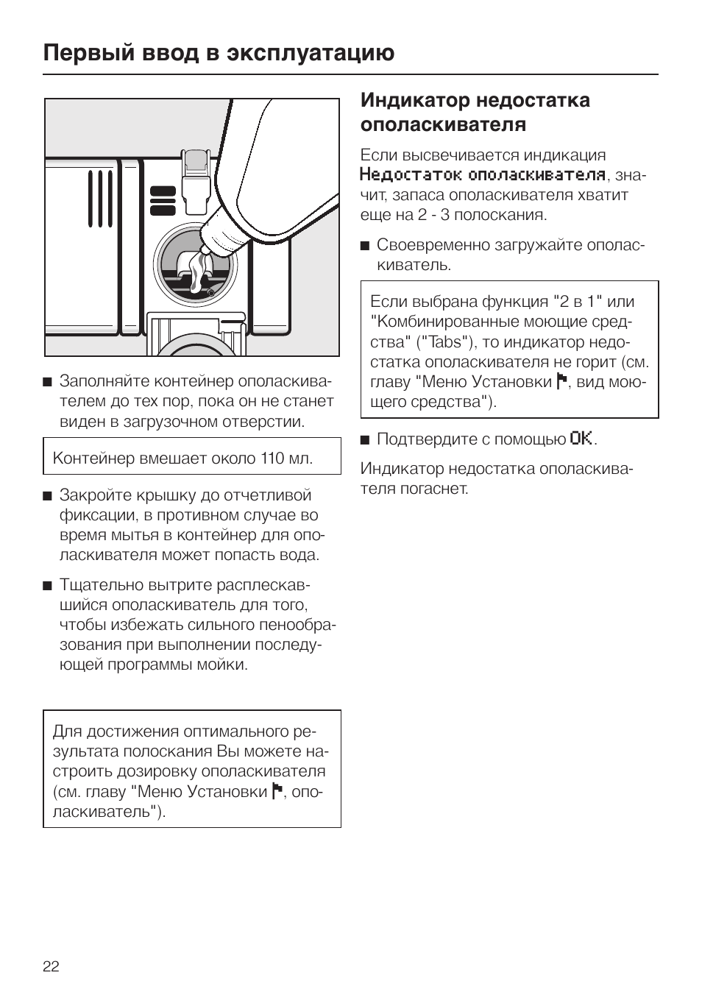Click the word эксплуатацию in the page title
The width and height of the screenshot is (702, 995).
coord(311,54)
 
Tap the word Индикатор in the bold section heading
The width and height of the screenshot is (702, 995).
coord(415,101)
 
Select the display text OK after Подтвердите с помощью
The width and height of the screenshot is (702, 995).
coord(581,439)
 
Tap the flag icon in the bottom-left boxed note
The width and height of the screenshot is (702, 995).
coord(277,791)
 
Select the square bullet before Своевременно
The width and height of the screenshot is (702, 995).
coord(365,246)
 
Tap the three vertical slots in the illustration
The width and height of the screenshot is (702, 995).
coord(100,199)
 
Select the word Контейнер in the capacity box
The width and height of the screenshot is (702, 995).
coord(93,458)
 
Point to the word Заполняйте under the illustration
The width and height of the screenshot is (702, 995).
coord(106,380)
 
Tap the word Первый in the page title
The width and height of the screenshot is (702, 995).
coord(89,54)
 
